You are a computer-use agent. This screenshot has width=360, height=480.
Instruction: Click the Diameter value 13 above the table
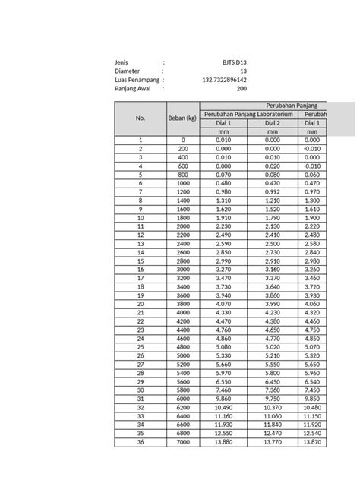[x=243, y=71]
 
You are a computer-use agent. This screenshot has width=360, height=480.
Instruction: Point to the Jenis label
[x=122, y=62]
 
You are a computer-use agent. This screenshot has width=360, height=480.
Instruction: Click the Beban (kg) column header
[x=182, y=118]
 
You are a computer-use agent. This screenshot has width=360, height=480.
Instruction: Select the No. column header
[x=140, y=118]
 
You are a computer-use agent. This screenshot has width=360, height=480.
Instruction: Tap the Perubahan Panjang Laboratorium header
[x=248, y=114]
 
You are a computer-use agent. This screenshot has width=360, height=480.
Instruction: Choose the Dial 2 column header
[x=273, y=123]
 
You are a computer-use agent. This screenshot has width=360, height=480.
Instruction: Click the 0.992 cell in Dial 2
[x=273, y=191]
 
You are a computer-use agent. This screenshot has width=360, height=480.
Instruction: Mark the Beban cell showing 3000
[x=182, y=269]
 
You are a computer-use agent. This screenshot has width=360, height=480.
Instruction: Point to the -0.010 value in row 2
[x=311, y=149]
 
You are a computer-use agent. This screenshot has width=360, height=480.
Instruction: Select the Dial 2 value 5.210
[x=273, y=355]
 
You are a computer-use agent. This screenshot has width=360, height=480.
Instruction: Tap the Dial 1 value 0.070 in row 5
[x=223, y=174]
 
